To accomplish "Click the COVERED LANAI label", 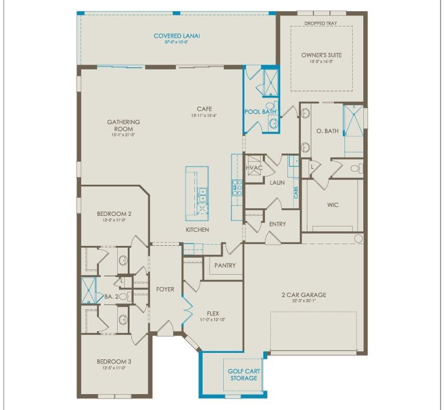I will (177, 36).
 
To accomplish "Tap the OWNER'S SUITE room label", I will (321, 55).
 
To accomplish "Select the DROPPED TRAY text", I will (321, 24).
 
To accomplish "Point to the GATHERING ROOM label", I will (124, 125).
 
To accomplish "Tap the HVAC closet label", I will (254, 168).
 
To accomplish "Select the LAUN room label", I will (277, 182).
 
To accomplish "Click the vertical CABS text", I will (296, 192).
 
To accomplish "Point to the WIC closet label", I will (333, 205).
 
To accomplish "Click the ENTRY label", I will (277, 224).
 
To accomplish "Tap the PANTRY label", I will (225, 265).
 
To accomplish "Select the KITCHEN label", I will (197, 229).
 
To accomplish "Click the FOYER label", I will (165, 289).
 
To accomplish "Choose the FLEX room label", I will (213, 314).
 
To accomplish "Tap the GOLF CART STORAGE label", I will (244, 375).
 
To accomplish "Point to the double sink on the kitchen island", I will (202, 191).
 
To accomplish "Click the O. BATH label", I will (327, 131).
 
